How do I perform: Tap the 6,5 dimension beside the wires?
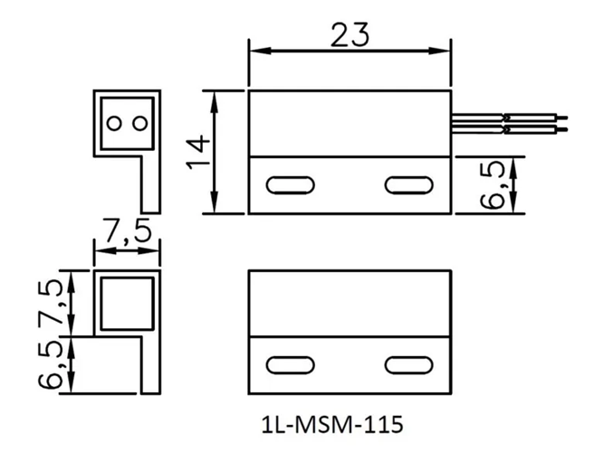click(494, 185)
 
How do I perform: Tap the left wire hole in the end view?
click(114, 122)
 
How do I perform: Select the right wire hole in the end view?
click(139, 122)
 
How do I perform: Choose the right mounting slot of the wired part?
click(408, 185)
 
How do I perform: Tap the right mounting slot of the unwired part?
click(408, 365)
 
